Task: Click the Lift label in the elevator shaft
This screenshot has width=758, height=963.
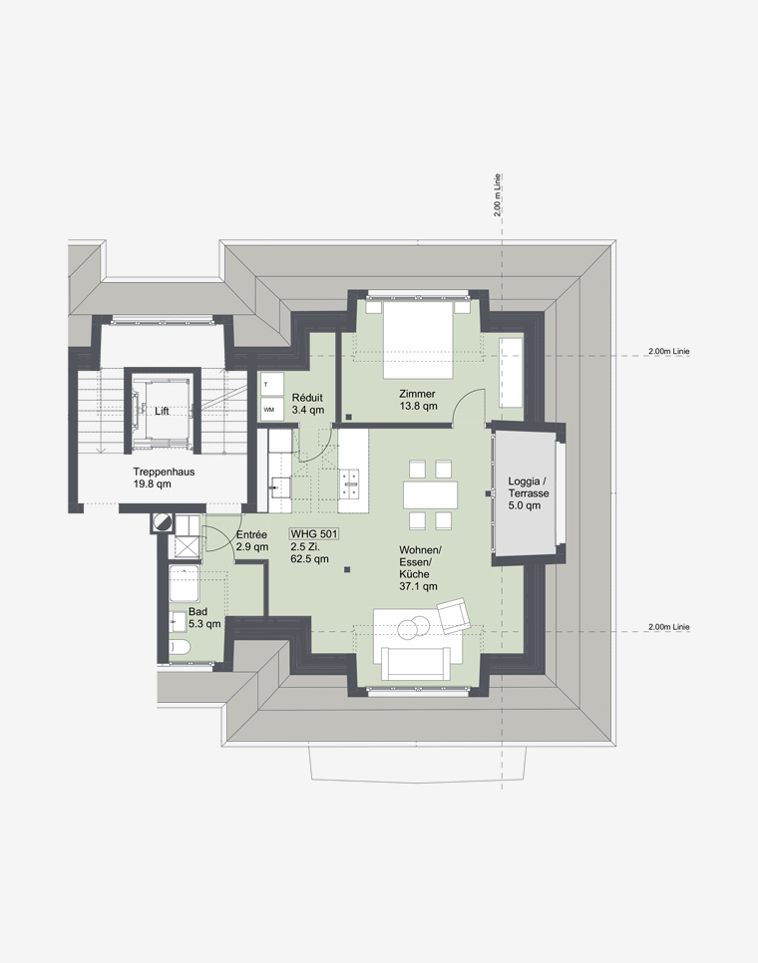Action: coord(162,411)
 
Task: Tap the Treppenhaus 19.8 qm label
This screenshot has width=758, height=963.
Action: coord(164,478)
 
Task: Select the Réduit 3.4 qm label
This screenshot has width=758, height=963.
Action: coord(308,404)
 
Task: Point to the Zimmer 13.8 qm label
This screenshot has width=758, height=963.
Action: coord(418,400)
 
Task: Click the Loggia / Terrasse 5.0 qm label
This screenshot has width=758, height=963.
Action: coord(529,493)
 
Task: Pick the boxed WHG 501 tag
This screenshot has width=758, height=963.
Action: coord(314,534)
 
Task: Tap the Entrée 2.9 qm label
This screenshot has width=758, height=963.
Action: coord(252,540)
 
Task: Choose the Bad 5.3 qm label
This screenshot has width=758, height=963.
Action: coord(204,618)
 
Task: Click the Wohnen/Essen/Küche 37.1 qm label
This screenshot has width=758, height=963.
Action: coord(420,568)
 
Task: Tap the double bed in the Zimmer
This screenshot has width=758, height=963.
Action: coord(418,339)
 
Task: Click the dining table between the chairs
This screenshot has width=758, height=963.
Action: coord(431,494)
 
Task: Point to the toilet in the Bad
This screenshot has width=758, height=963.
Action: coord(181,647)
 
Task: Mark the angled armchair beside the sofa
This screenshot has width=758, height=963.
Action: coord(454,616)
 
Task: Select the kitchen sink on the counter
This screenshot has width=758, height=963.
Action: coord(280,486)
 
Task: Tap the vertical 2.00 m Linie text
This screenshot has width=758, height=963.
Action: coord(497,195)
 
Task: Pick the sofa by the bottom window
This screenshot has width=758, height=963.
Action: coord(417,663)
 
